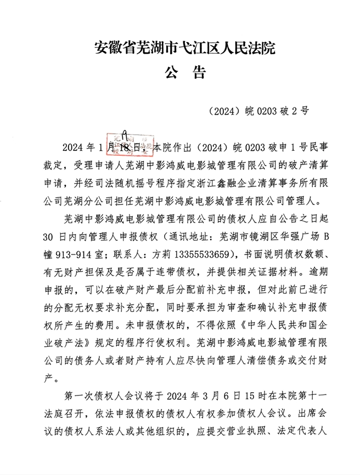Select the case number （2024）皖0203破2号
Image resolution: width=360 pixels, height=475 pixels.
258,110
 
